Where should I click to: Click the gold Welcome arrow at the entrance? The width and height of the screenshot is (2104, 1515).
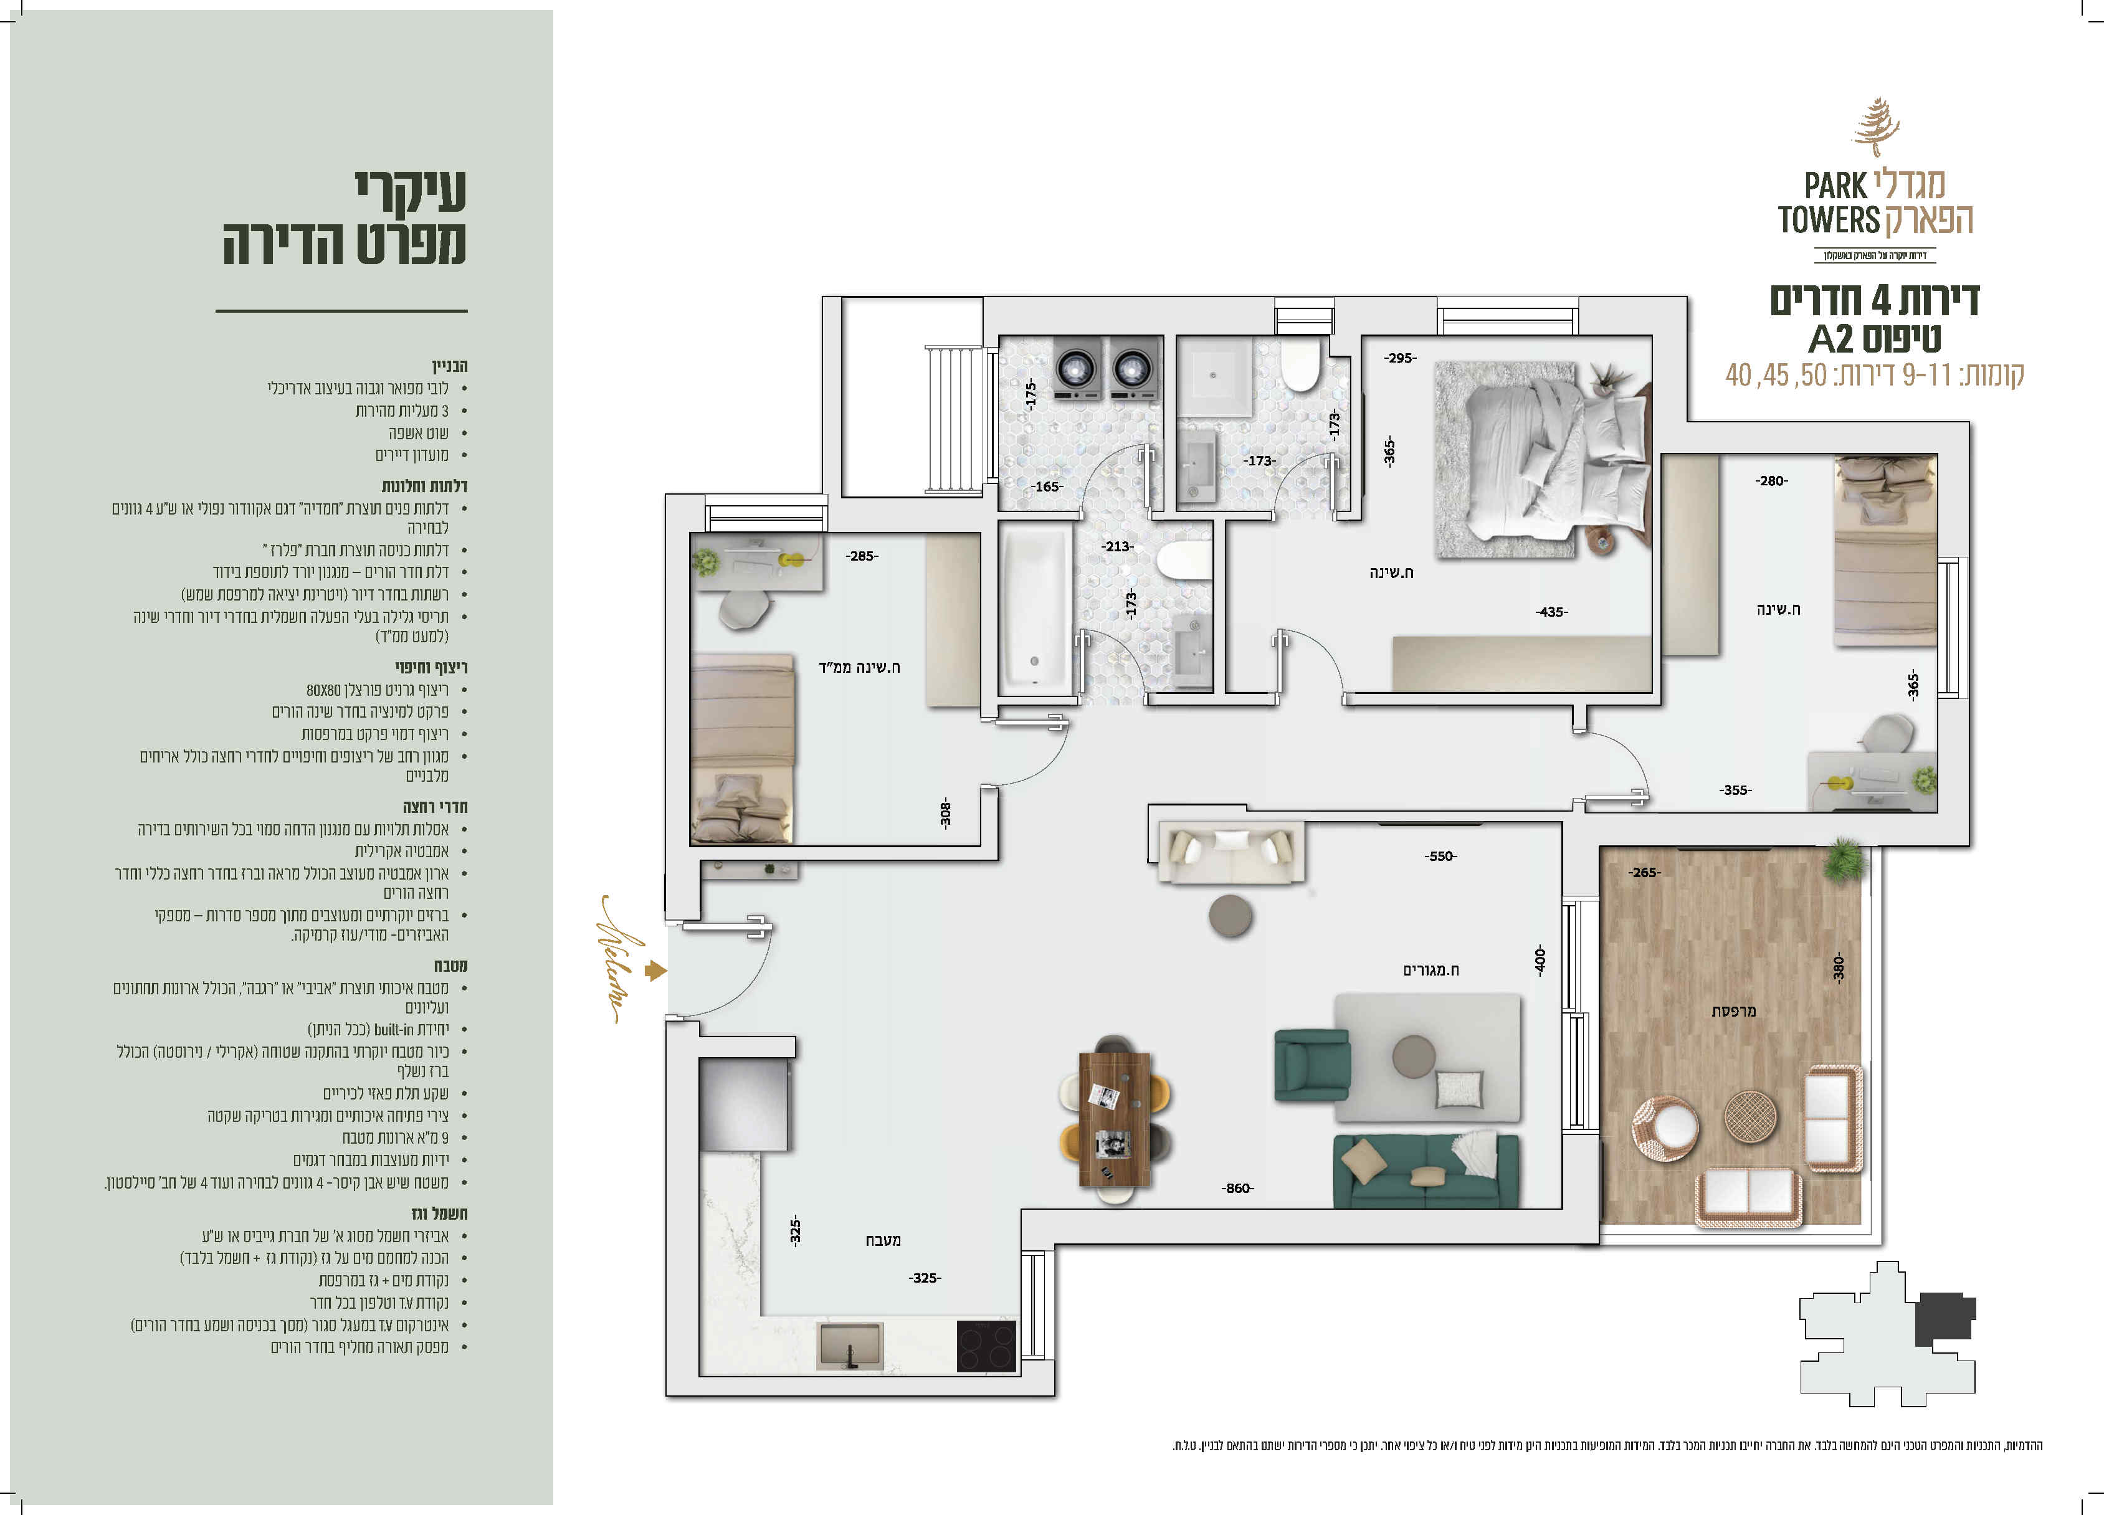tap(656, 971)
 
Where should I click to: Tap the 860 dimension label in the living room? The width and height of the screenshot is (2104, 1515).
tap(1237, 1189)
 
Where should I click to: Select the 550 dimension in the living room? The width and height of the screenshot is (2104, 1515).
tap(1440, 857)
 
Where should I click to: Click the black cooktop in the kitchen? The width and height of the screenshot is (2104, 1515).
tap(986, 1345)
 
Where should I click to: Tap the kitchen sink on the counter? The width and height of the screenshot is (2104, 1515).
tap(850, 1346)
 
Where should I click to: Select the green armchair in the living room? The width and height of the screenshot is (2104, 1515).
tap(1311, 1065)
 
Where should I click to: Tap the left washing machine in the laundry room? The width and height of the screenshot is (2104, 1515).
tap(1077, 368)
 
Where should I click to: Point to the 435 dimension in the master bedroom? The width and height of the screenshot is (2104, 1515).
tap(1551, 612)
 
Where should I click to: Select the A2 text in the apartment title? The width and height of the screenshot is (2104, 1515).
tap(1830, 339)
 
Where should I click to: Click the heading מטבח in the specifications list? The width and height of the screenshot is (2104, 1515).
tap(451, 966)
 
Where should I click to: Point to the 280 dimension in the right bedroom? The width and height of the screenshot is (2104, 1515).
tap(1771, 480)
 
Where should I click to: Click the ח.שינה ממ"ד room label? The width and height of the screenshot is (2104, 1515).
tap(859, 667)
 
